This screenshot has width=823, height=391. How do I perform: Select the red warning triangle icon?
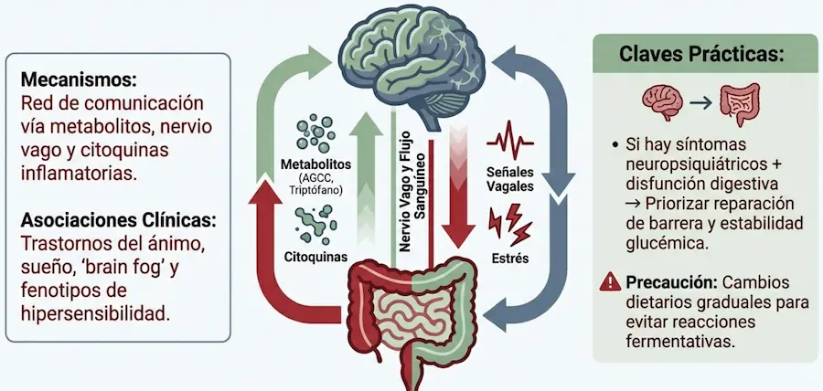pos(611,281)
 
